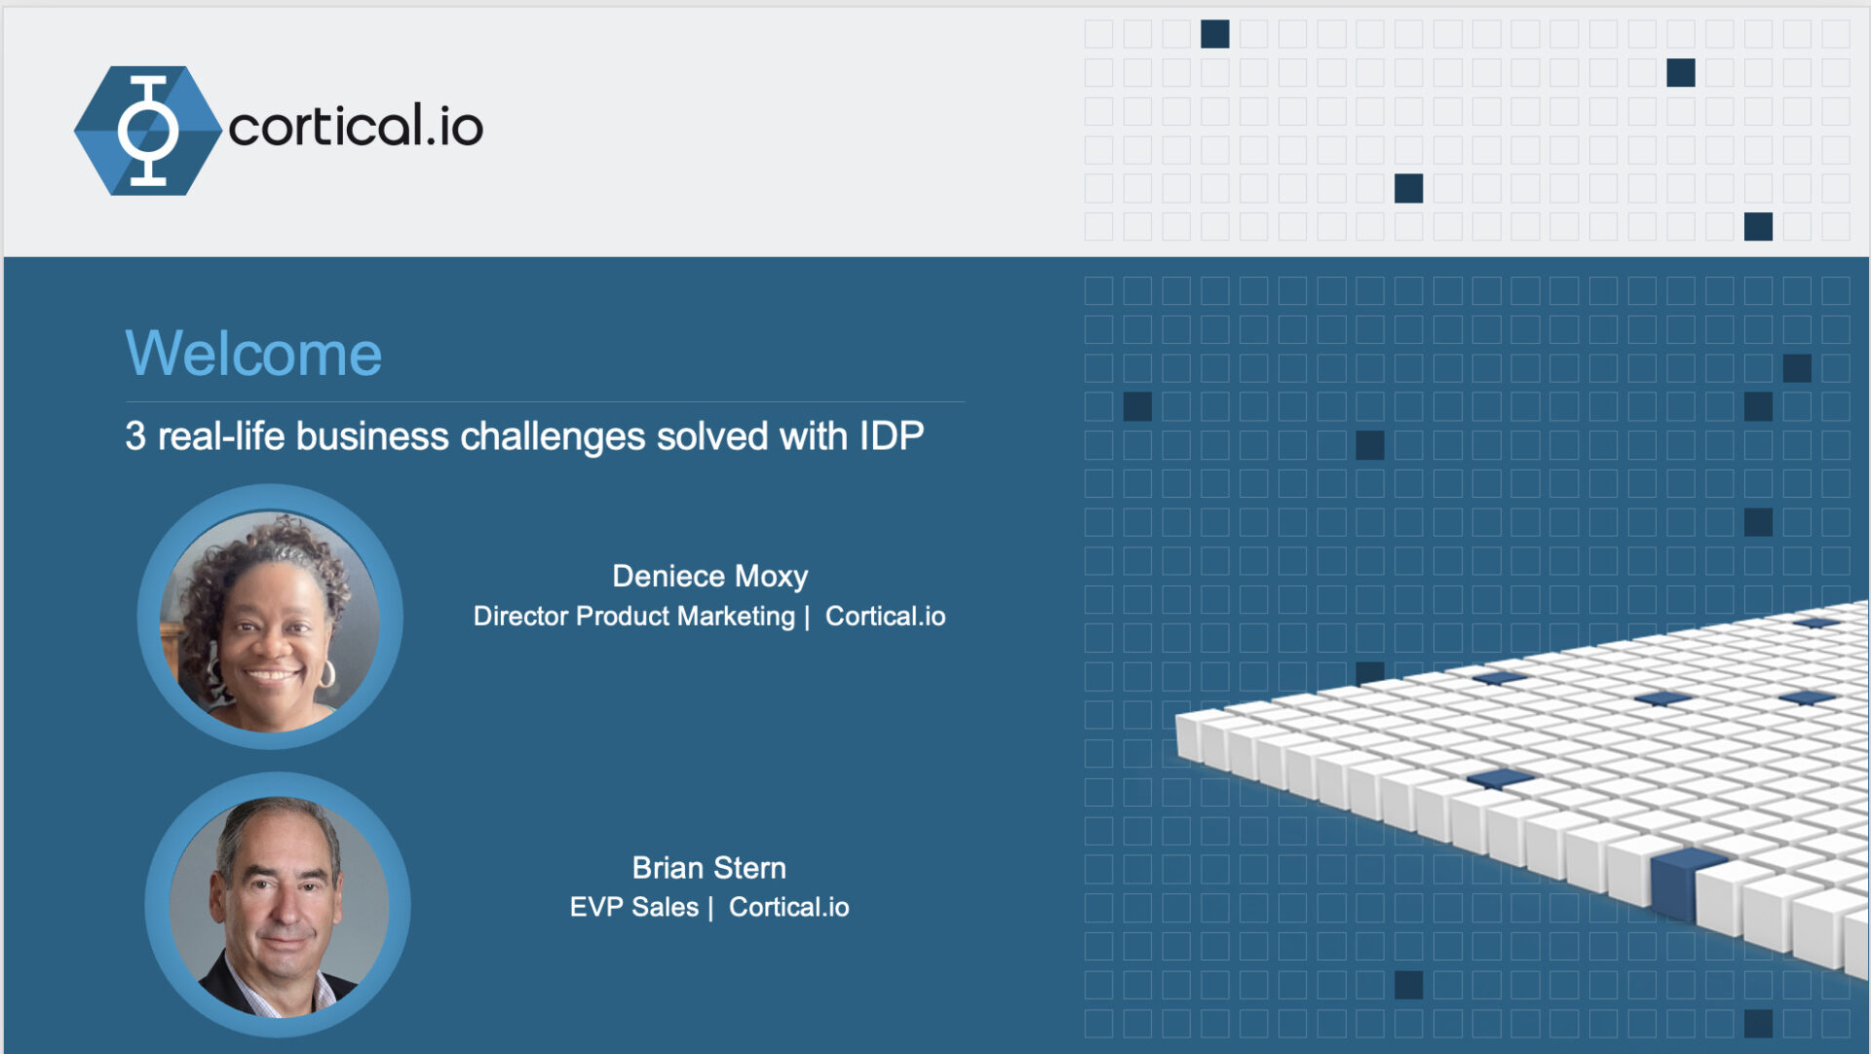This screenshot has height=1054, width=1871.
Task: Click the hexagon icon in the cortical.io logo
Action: click(148, 131)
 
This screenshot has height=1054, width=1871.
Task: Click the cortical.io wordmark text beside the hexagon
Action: click(356, 127)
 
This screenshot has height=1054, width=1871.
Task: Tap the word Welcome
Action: click(253, 354)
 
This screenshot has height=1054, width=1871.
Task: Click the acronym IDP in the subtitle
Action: click(891, 436)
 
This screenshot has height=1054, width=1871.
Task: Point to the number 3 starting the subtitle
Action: click(134, 436)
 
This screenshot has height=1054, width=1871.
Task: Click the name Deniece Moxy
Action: click(709, 577)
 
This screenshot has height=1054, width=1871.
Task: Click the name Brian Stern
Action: click(708, 868)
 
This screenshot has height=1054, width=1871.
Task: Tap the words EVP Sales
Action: click(633, 908)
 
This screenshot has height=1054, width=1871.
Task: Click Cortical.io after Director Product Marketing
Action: click(885, 617)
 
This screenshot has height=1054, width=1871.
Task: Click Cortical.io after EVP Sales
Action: click(788, 908)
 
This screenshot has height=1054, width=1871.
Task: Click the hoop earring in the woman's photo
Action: click(327, 673)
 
